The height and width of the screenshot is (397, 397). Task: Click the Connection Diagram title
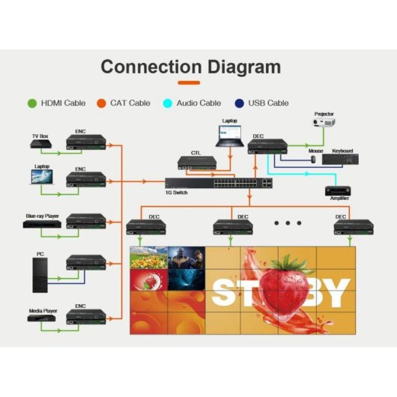[x=191, y=67]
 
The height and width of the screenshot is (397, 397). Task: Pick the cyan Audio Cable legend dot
[x=169, y=103]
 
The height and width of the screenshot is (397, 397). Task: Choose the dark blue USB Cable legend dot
[x=239, y=103]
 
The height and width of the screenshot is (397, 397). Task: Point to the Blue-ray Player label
[x=42, y=216]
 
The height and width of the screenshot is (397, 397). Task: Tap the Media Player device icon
[x=41, y=318]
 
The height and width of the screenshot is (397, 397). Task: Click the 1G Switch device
[x=219, y=182]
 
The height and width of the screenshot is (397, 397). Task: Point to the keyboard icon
[x=340, y=160]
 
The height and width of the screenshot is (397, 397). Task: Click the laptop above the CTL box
[x=228, y=136]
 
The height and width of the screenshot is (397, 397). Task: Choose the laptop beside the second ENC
[x=42, y=177]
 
